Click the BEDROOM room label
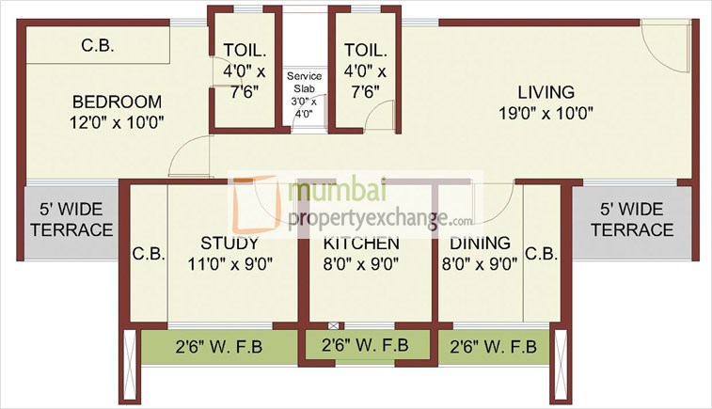pyautogui.click(x=118, y=102)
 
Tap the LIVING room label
pyautogui.click(x=546, y=92)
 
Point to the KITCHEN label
pyautogui.click(x=361, y=243)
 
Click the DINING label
pyautogui.click(x=480, y=243)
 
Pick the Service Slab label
pyautogui.click(x=304, y=74)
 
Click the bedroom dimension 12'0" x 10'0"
pyautogui.click(x=118, y=122)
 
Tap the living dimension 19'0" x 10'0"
pyautogui.click(x=546, y=114)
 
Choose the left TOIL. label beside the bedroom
pyautogui.click(x=240, y=51)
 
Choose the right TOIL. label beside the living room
pyautogui.click(x=361, y=51)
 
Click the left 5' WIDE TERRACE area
pyautogui.click(x=71, y=220)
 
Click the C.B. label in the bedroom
pyautogui.click(x=98, y=44)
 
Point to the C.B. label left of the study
pyautogui.click(x=149, y=254)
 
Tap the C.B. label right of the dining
pyautogui.click(x=543, y=254)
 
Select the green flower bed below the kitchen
pyautogui.click(x=365, y=344)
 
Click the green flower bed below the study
pyautogui.click(x=218, y=346)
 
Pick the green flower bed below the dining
pyautogui.click(x=493, y=346)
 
